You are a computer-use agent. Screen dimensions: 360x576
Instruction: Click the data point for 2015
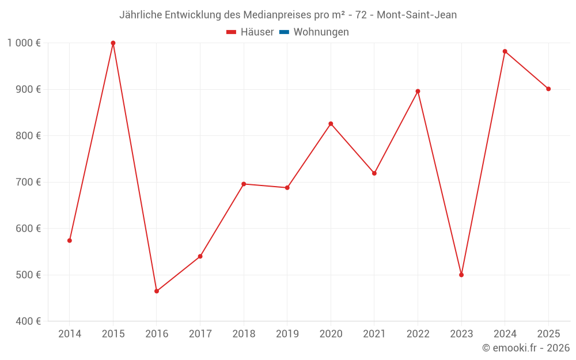(113, 43)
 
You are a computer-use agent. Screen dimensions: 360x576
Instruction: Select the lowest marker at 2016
(157, 291)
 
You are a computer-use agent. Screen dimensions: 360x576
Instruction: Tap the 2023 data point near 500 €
(461, 275)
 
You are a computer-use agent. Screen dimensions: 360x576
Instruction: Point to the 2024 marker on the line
(505, 51)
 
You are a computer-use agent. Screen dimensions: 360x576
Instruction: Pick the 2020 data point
(331, 124)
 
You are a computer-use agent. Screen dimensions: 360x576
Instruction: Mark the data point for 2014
(70, 240)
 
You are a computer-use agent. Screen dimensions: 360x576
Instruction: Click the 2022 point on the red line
(418, 91)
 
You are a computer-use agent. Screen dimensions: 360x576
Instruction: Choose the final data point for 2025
(548, 89)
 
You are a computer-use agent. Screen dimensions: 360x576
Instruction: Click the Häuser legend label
(257, 32)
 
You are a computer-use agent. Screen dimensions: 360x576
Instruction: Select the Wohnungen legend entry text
(321, 32)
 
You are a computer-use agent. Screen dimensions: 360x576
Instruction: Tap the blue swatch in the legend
(284, 32)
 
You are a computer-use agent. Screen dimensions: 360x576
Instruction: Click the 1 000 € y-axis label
(24, 43)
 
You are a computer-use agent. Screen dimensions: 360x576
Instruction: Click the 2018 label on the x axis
(244, 334)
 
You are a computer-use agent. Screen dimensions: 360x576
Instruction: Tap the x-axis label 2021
(374, 334)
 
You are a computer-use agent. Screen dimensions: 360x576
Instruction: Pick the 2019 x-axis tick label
(287, 334)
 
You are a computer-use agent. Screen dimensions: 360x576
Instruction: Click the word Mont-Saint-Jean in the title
(416, 15)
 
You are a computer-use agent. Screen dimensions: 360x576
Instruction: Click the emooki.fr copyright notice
(526, 348)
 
